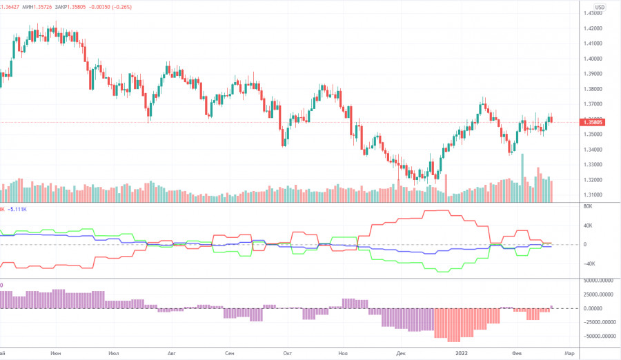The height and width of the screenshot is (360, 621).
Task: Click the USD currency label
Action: pos(600,8)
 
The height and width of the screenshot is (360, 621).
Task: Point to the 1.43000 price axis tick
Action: pos(598,14)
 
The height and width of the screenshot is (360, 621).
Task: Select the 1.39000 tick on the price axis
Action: pos(598,74)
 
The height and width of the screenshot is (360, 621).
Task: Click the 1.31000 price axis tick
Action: pos(598,195)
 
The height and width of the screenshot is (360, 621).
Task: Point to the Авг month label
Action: pos(172,352)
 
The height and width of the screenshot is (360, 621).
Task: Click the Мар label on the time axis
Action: pos(570,352)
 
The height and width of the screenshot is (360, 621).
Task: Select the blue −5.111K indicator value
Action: pos(17,208)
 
